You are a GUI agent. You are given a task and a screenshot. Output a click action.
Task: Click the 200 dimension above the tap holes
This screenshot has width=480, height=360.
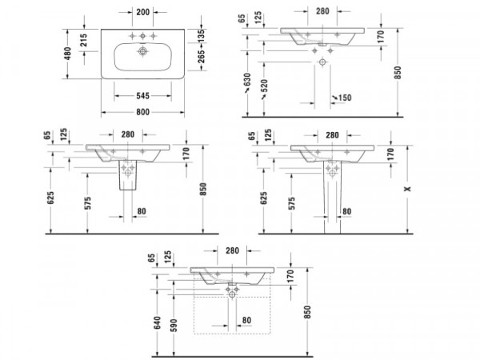click(143, 12)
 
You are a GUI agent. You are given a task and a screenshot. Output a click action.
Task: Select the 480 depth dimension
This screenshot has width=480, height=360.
click(68, 54)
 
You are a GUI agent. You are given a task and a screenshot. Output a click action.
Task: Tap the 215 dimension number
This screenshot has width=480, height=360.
click(83, 40)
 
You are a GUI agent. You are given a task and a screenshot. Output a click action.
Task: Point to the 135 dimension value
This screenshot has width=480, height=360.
click(201, 36)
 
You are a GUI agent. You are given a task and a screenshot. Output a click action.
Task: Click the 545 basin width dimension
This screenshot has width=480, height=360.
click(142, 96)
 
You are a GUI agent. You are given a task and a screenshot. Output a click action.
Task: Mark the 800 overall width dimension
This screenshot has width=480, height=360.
click(142, 112)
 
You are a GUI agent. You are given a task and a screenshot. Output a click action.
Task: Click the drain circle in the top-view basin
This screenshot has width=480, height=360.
click(142, 51)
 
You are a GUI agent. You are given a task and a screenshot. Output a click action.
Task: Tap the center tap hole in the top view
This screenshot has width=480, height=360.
click(142, 36)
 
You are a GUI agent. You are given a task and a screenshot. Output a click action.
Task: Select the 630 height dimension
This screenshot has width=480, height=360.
click(247, 80)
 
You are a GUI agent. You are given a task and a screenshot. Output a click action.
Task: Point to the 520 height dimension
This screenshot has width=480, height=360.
click(264, 86)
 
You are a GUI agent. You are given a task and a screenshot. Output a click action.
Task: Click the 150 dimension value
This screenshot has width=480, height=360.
click(345, 98)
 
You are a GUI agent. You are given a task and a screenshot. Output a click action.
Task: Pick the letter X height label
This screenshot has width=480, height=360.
click(407, 189)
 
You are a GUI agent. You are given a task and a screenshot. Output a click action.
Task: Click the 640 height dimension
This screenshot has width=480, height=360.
click(157, 323)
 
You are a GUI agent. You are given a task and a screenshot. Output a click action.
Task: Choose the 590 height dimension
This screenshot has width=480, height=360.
click(174, 326)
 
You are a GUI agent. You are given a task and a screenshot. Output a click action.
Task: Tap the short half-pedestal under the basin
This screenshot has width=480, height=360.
click(127, 174)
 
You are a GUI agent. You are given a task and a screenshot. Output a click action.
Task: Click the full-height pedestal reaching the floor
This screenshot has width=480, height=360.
click(332, 197)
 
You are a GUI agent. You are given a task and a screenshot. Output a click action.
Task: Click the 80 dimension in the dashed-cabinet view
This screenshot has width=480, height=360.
click(246, 320)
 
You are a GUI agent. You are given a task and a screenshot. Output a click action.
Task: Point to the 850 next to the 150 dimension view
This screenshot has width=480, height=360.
click(398, 73)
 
